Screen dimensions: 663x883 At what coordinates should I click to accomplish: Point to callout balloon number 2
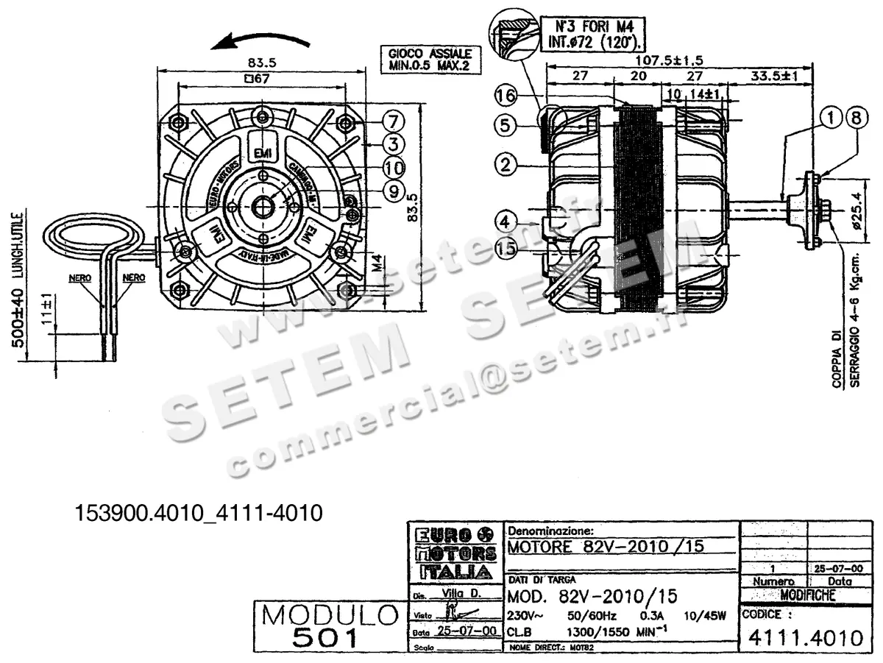click(504, 164)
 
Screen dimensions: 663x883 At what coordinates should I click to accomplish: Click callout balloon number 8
click(854, 116)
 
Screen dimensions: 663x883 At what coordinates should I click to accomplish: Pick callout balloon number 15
click(505, 249)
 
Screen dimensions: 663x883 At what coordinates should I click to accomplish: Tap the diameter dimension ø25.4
click(854, 213)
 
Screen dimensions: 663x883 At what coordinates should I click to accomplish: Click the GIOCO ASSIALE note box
click(426, 60)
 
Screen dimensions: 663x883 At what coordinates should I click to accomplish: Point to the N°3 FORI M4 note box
click(593, 32)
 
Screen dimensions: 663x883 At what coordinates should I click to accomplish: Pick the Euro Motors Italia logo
click(455, 553)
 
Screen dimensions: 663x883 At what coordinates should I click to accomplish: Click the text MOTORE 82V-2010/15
click(606, 547)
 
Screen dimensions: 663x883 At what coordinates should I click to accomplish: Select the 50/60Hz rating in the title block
click(592, 615)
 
